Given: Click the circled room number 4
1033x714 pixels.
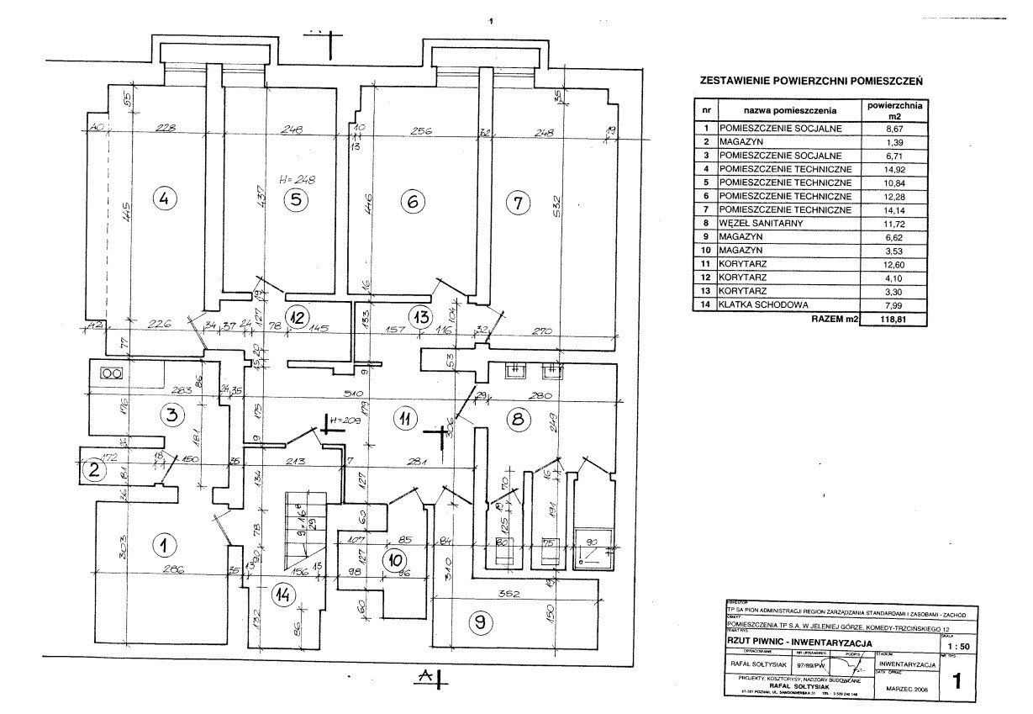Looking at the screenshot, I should point(164,199).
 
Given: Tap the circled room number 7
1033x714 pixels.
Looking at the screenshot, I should point(518,202).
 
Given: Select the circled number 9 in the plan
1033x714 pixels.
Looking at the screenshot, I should point(480,621).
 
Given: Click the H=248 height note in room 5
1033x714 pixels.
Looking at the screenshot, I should point(298,180).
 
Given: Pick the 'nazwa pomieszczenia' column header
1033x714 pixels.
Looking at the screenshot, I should point(789,111).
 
